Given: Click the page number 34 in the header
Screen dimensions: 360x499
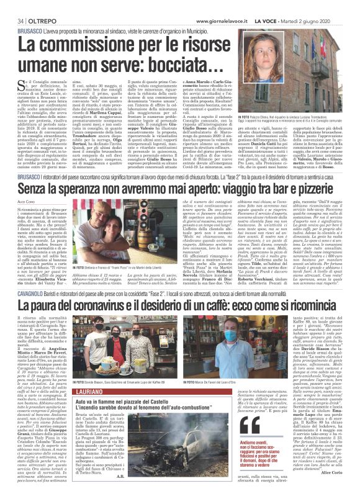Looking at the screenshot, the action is coord(11,6).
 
